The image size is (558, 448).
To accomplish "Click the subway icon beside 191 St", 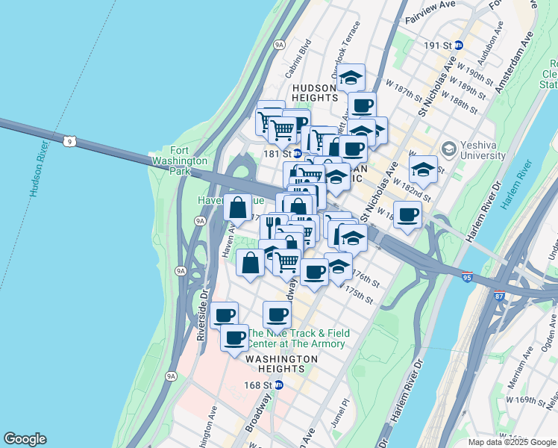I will (x=459, y=45).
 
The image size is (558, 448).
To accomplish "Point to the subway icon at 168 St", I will (x=279, y=385).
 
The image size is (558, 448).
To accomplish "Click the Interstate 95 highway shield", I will (x=467, y=276).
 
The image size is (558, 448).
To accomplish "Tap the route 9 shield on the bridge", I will (x=69, y=140).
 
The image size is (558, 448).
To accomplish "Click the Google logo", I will (x=25, y=439).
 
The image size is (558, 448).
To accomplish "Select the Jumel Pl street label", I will (x=345, y=411).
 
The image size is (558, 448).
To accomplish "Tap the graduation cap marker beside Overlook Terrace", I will (x=351, y=75).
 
